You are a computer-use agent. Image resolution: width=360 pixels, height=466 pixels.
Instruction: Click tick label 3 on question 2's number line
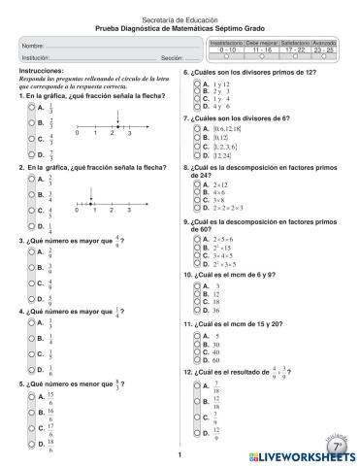pos(128,210)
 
